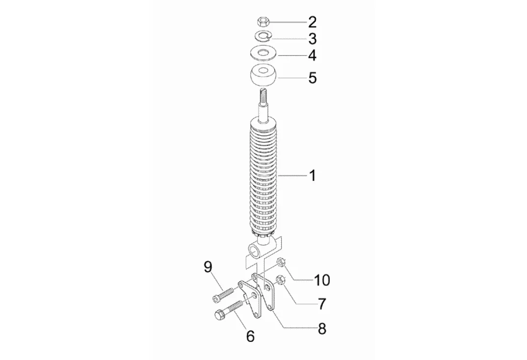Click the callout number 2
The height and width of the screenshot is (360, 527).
313,22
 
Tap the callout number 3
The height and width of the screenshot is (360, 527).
313,39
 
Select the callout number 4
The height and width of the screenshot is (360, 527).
313,55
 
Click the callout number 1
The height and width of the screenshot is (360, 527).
313,175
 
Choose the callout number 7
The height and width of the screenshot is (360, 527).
322,304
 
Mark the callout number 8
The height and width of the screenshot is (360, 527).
322,329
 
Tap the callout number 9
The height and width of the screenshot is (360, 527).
208,267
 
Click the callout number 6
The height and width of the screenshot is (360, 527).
250,336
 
